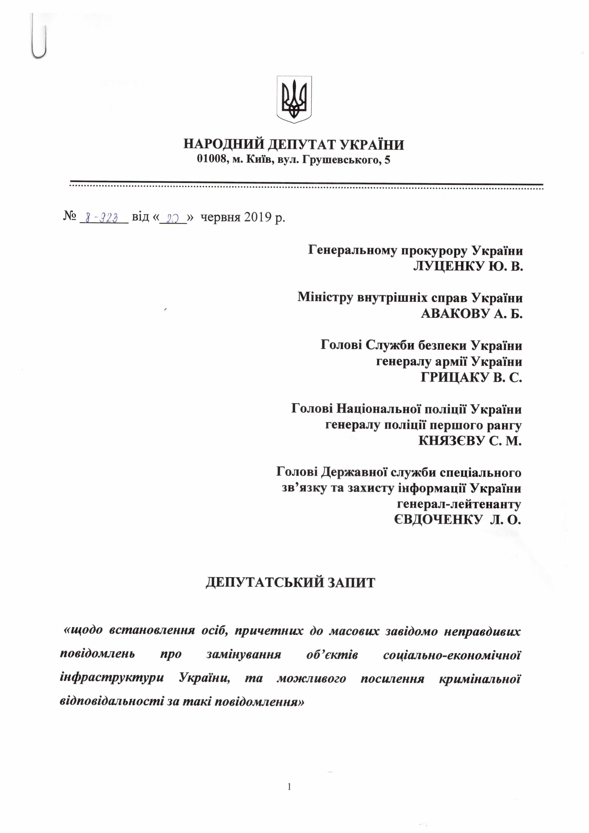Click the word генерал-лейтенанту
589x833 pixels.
(x=459, y=504)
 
